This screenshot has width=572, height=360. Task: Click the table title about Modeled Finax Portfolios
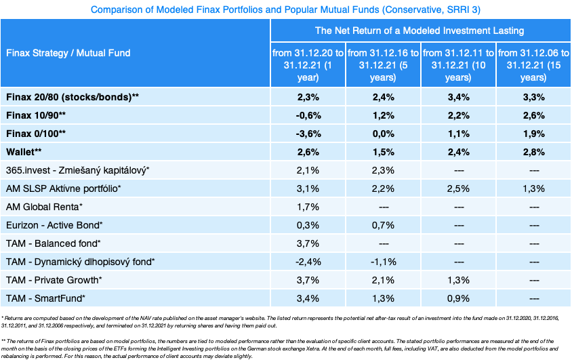(x=285, y=10)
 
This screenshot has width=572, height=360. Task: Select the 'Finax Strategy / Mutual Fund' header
(x=68, y=53)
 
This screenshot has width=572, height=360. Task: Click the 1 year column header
(x=308, y=65)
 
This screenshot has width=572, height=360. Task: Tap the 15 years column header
(x=533, y=65)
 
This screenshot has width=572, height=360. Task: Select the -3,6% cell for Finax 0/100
(x=308, y=134)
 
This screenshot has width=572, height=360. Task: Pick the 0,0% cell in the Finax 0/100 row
(x=383, y=134)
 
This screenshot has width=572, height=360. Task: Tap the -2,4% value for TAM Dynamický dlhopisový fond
(x=308, y=262)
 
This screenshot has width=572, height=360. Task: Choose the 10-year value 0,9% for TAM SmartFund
(x=458, y=298)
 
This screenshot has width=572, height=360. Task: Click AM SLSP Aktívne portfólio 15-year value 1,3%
(x=533, y=188)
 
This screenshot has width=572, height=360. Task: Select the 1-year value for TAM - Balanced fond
(x=308, y=243)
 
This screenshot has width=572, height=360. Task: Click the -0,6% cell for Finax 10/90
(x=308, y=115)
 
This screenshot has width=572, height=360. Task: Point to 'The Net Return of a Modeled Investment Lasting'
(x=420, y=31)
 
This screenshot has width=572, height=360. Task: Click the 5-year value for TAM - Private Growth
(x=383, y=280)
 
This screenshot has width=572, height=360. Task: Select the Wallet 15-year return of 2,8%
(x=533, y=152)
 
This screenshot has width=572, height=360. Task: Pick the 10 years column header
(x=458, y=65)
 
